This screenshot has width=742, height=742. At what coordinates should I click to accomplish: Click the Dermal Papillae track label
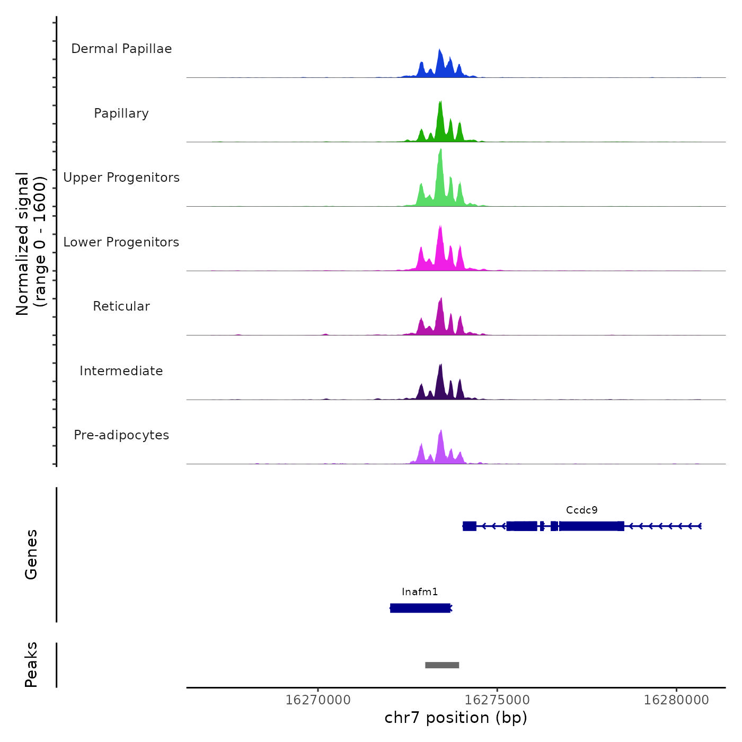tap(121, 49)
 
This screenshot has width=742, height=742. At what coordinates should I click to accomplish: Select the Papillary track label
tap(121, 113)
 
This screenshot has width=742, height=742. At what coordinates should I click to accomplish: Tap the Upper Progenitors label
tap(121, 178)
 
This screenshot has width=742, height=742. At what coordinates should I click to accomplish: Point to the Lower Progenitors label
tap(121, 242)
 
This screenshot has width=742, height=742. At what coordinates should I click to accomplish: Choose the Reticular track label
tap(121, 306)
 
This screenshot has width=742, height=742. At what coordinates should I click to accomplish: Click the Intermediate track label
tap(121, 371)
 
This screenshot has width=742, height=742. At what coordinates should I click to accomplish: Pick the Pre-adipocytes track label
tap(121, 435)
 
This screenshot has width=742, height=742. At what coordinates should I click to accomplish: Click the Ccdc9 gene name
tap(581, 510)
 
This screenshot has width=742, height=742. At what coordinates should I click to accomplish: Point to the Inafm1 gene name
tap(420, 592)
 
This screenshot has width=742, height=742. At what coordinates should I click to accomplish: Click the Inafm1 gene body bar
tap(420, 608)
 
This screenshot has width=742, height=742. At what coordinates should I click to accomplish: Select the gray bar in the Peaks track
tap(442, 665)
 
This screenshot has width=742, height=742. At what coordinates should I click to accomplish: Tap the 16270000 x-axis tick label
tap(318, 700)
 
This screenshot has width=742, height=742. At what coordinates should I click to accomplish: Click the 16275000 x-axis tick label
tap(497, 700)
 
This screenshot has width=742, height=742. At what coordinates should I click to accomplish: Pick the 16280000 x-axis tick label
tap(676, 700)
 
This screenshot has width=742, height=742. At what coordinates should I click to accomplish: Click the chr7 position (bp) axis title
tap(456, 718)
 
